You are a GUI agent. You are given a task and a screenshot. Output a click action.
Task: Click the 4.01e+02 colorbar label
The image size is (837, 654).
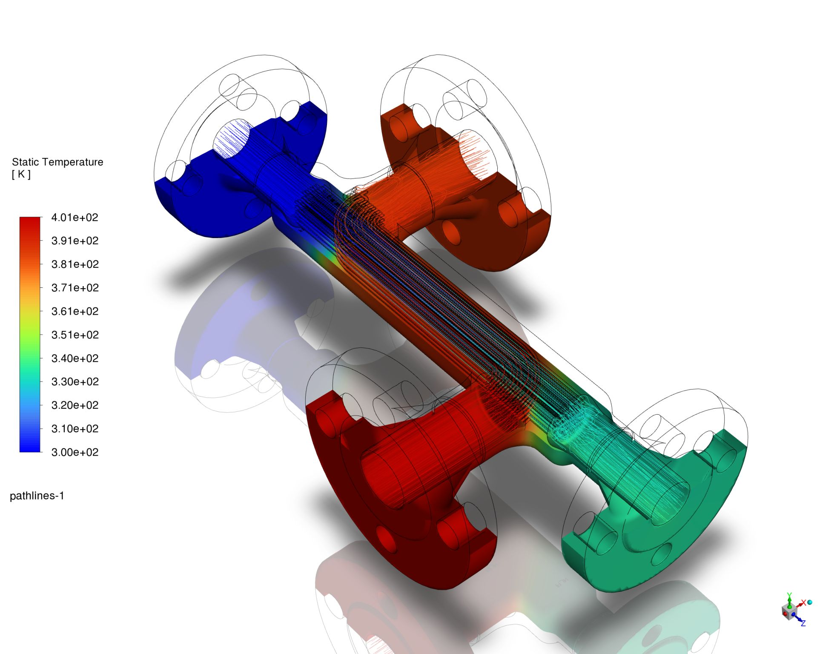click(x=75, y=218)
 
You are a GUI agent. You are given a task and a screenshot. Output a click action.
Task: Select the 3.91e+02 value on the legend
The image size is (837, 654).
click(x=75, y=241)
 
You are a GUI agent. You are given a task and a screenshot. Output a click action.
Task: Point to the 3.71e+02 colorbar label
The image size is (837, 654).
click(x=75, y=288)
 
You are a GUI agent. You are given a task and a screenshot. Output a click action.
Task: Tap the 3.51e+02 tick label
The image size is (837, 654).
click(x=75, y=335)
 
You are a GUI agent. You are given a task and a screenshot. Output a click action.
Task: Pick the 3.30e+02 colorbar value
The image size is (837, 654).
click(x=75, y=382)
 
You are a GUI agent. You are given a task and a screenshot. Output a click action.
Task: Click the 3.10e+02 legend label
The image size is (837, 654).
click(x=75, y=429)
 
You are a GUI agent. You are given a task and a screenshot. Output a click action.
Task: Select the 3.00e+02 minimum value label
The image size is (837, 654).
click(x=75, y=452)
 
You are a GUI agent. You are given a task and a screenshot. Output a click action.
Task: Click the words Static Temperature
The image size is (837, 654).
click(x=57, y=162)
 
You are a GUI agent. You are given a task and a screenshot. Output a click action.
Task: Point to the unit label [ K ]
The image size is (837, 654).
click(x=21, y=174)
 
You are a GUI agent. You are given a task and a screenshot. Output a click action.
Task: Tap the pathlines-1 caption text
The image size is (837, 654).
click(x=37, y=496)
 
